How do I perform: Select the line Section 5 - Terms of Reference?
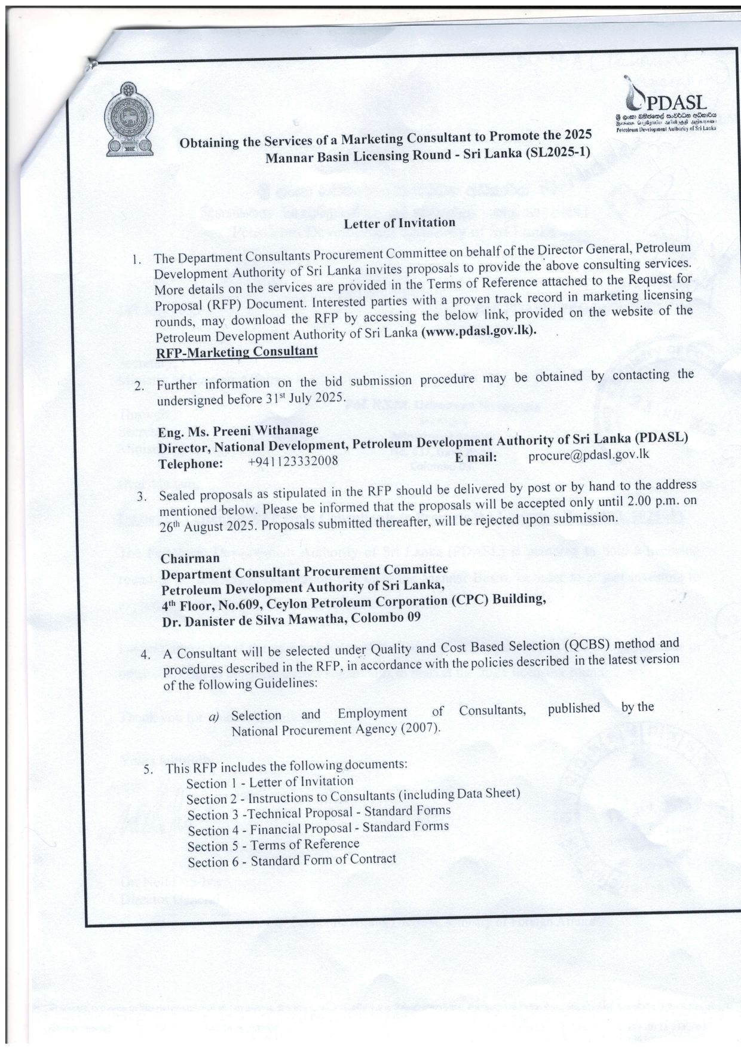pos(273,845)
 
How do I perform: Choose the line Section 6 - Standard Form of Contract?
pos(292,861)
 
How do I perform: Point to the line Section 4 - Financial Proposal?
pos(318,828)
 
